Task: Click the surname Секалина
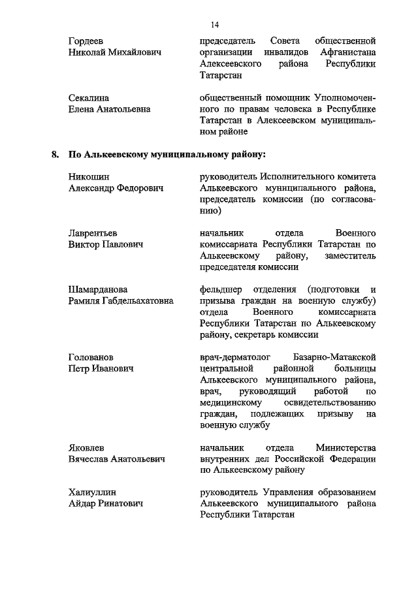[x=89, y=98]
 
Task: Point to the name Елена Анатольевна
[x=109, y=109]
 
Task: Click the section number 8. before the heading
[x=55, y=155]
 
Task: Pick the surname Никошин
[x=89, y=177]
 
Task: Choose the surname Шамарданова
[x=98, y=289]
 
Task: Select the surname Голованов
[x=91, y=357]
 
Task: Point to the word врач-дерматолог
[x=236, y=357]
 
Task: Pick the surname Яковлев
[x=88, y=448]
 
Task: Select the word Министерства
[x=346, y=448]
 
